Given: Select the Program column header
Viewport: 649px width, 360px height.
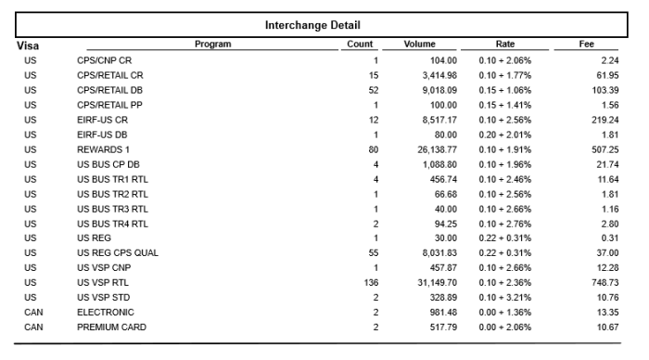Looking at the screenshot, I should (213, 44).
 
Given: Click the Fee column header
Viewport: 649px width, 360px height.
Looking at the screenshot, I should (586, 44).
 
